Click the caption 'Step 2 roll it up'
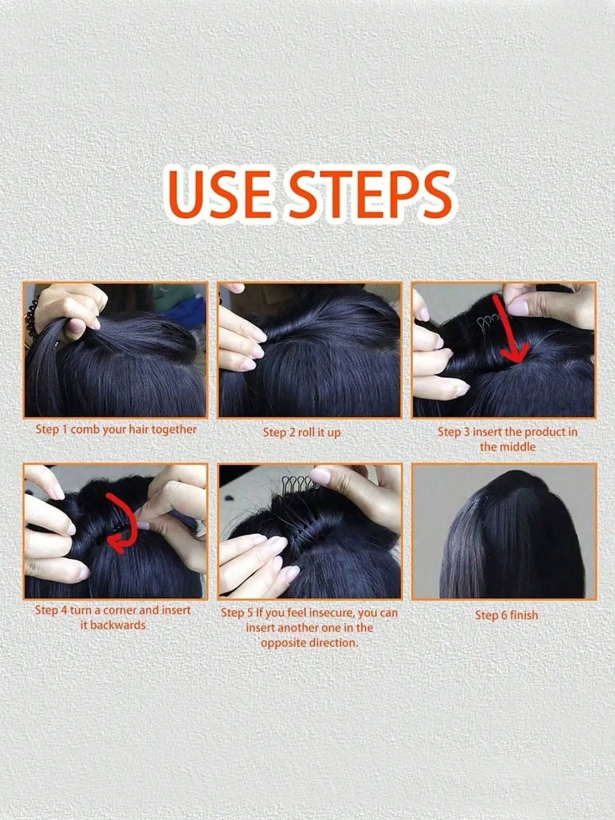point(302,432)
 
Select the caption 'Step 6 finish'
point(506,615)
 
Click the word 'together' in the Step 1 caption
point(174,429)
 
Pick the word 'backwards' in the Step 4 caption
point(118,625)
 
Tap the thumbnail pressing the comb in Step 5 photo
point(321,476)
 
